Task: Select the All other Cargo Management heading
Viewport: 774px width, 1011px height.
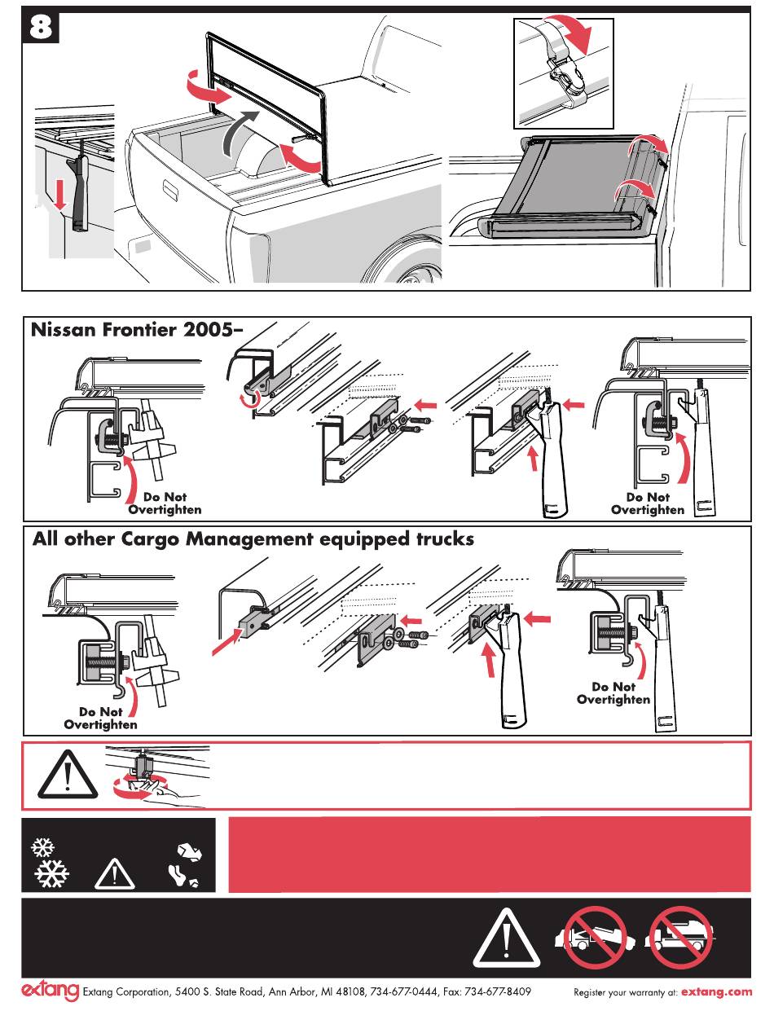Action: (253, 539)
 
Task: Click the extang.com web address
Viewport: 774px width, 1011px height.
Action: (716, 992)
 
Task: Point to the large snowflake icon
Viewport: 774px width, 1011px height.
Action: (51, 875)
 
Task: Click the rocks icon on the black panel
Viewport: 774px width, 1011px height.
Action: (189, 852)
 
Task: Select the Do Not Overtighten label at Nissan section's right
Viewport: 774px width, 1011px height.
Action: (648, 503)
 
